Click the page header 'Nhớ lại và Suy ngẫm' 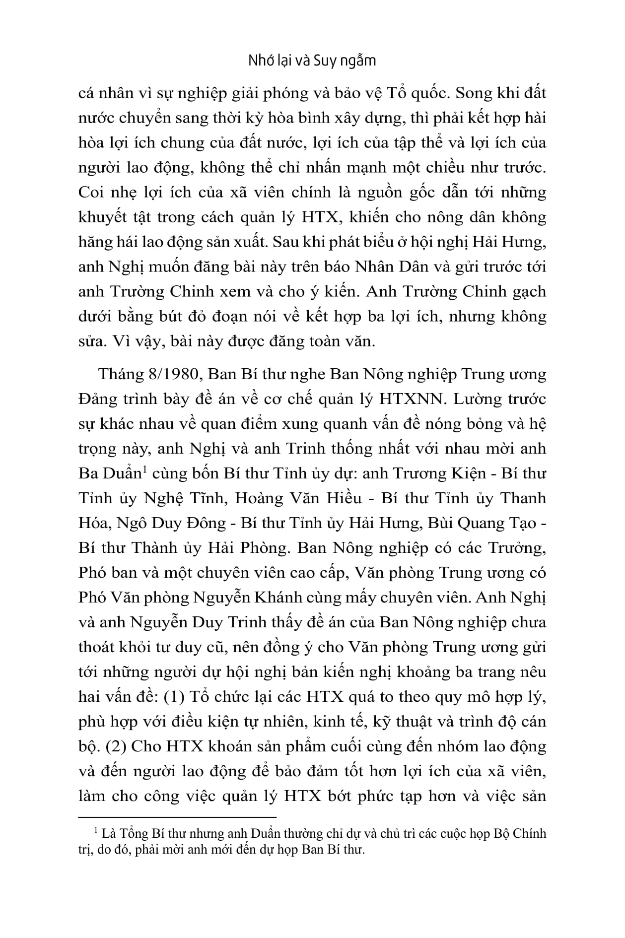pyautogui.click(x=312, y=61)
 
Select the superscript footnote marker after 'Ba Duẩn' pyautogui.click(x=144, y=469)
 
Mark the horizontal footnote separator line pyautogui.click(x=177, y=816)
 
